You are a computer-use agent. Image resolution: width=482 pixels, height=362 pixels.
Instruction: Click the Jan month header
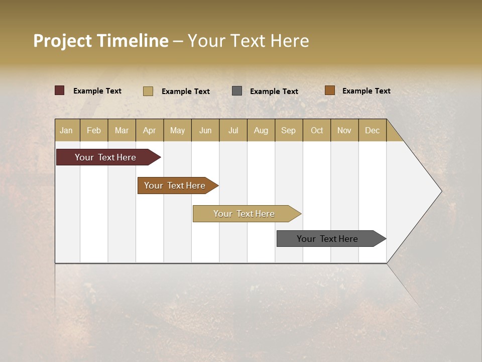tap(67, 130)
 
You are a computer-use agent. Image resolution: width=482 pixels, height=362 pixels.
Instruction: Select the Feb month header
tap(94, 130)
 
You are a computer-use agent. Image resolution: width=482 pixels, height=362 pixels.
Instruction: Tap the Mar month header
tap(122, 130)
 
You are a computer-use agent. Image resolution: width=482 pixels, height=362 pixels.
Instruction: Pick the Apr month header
tap(150, 130)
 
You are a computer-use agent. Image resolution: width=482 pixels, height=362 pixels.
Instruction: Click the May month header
tap(177, 130)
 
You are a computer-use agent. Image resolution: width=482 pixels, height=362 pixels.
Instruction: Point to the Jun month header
tap(205, 130)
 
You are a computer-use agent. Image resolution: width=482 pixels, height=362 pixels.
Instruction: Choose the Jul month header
tap(233, 130)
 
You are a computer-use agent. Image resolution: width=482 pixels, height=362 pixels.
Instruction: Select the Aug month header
tap(261, 130)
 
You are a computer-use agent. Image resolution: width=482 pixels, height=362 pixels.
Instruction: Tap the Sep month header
tap(289, 130)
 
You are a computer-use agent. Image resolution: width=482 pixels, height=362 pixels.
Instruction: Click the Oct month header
tap(317, 130)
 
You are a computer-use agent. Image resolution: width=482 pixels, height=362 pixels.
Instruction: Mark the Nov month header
tap(344, 130)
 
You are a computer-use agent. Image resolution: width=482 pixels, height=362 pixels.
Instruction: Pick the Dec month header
tap(373, 130)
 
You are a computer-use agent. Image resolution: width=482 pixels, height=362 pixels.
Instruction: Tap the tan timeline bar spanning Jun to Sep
tap(245, 214)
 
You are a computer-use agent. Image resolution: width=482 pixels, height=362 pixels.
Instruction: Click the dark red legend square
tap(60, 90)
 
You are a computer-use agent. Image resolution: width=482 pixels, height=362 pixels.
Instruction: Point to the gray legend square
tap(237, 91)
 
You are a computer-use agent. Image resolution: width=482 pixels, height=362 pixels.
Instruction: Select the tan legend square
tap(148, 91)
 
